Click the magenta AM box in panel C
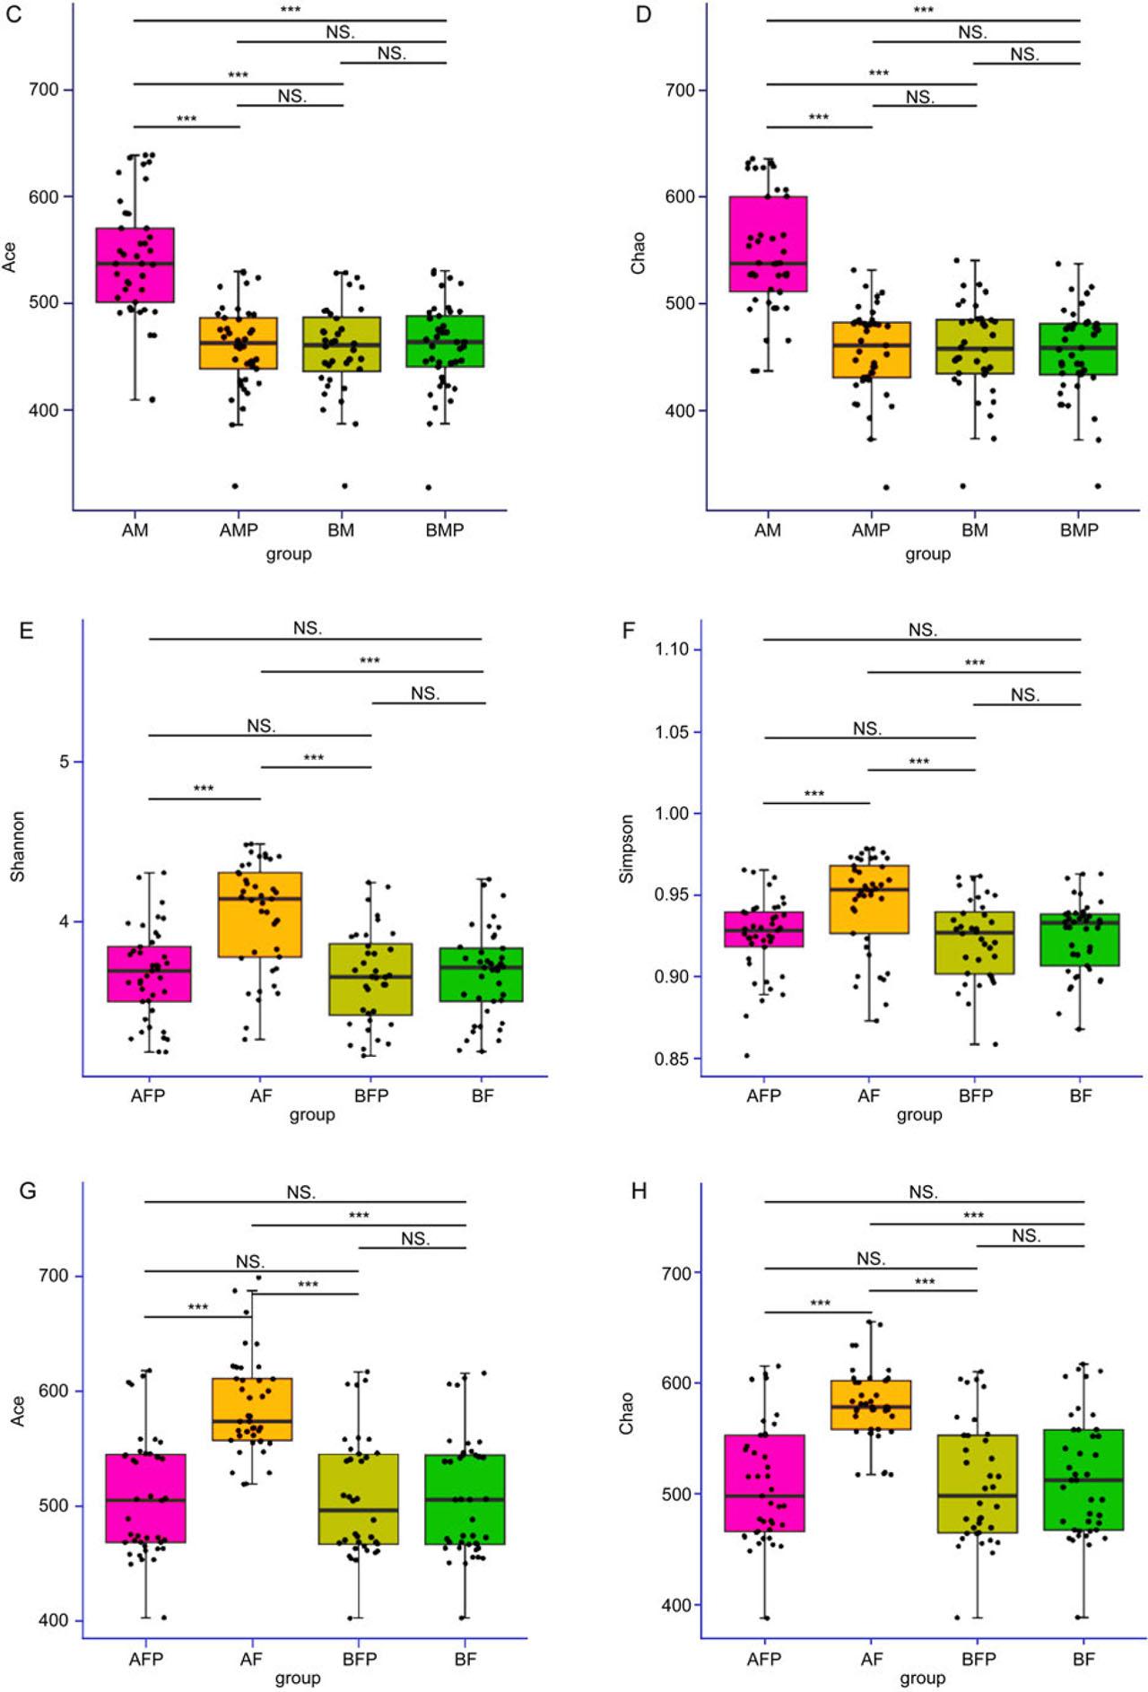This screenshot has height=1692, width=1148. tap(135, 265)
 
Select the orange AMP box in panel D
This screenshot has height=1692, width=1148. tap(871, 350)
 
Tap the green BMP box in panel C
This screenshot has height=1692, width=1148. tap(445, 341)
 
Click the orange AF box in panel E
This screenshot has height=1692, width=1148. tap(260, 914)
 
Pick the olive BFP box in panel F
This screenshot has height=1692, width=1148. tap(975, 943)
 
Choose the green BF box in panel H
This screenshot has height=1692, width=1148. tap(1083, 1479)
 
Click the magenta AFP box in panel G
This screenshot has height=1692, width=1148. tap(145, 1498)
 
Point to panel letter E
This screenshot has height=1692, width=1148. tap(27, 631)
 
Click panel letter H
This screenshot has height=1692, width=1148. tap(639, 1191)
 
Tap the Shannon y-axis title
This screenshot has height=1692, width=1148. tap(18, 847)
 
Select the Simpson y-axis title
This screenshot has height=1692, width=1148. tap(627, 849)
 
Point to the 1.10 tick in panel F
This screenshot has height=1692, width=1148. tap(672, 649)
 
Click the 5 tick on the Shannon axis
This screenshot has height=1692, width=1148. tap(64, 762)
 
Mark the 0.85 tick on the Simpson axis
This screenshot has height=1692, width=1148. tap(672, 1059)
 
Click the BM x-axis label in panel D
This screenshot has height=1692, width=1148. tap(975, 530)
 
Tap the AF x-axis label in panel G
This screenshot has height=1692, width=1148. tap(251, 1659)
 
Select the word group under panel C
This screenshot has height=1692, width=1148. tap(288, 554)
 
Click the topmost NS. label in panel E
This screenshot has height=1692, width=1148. tap(308, 628)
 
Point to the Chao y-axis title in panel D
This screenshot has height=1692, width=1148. tap(638, 253)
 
